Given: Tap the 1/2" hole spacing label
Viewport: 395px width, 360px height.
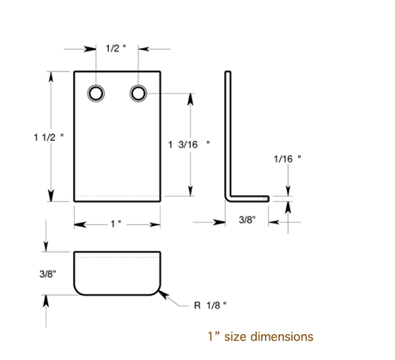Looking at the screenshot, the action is (x=116, y=48).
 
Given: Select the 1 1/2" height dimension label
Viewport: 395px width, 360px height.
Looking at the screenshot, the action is (x=49, y=137).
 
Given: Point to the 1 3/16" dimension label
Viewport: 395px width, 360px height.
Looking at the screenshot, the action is (x=189, y=144).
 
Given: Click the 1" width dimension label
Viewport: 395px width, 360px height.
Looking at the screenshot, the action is (x=116, y=223).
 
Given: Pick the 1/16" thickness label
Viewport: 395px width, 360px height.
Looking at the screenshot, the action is (x=288, y=159).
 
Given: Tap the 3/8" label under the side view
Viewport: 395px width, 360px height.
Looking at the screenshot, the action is (x=247, y=220).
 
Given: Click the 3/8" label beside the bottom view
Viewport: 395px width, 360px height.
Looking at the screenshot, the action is (x=48, y=274).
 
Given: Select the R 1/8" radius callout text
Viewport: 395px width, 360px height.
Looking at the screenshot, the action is (x=210, y=305).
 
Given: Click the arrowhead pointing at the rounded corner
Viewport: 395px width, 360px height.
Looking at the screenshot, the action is (x=163, y=295).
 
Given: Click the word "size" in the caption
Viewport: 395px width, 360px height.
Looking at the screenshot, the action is (x=236, y=337).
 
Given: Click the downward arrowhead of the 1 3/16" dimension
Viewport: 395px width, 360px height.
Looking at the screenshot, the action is (x=191, y=191).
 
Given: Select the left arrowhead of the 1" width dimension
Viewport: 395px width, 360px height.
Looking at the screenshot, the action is (x=80, y=225).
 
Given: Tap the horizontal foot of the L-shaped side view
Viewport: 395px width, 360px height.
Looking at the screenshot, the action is (x=248, y=198).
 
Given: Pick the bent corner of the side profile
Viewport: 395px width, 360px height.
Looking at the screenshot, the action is (x=228, y=198).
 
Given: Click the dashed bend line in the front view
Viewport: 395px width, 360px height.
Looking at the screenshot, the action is (x=117, y=197).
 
